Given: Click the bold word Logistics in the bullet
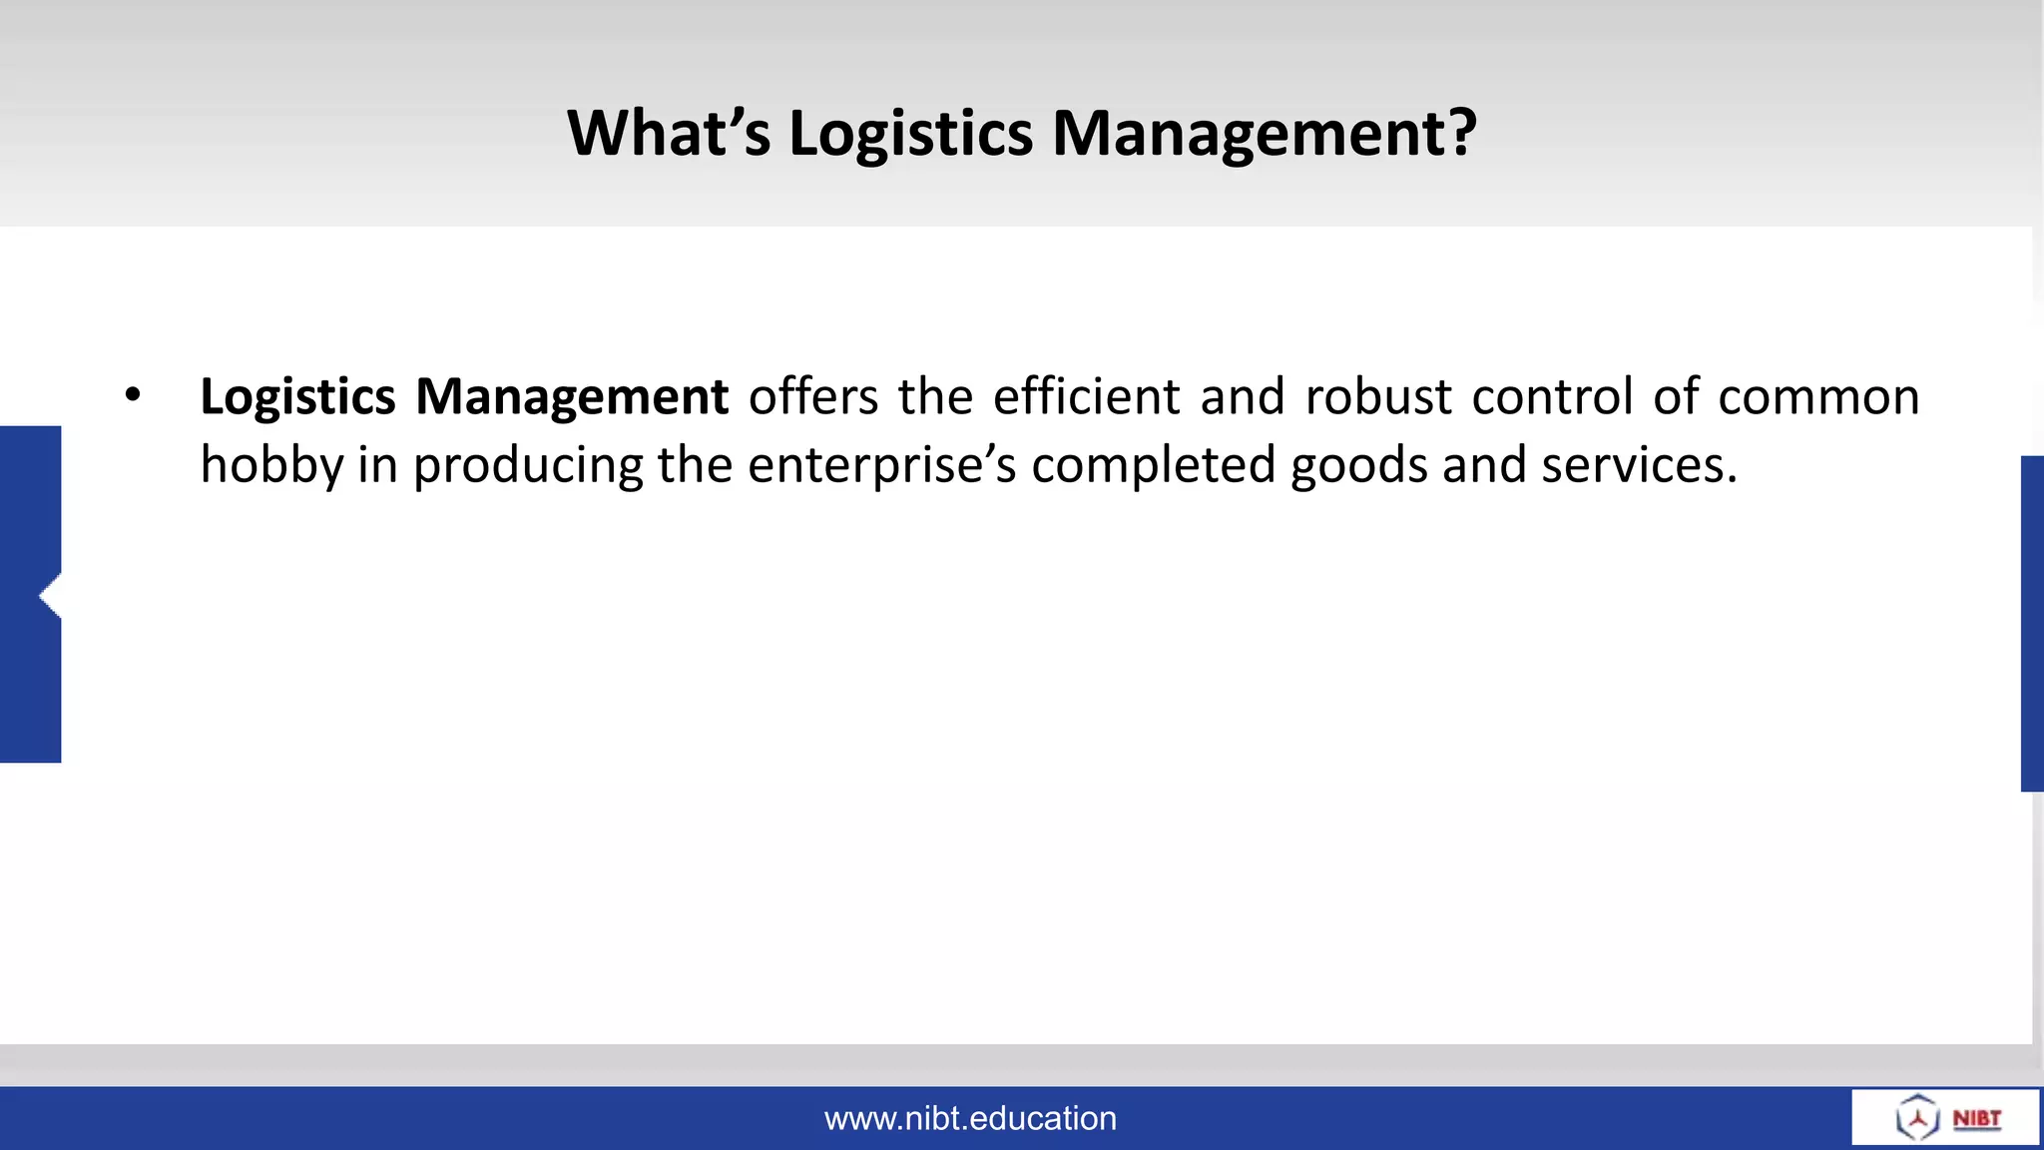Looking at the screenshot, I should click(297, 398).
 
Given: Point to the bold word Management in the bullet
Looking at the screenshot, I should click(571, 398).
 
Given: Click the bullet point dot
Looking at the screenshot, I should click(133, 395).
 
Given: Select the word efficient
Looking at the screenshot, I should click(1086, 396).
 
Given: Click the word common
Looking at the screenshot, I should click(1818, 396).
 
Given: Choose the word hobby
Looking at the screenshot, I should click(271, 466).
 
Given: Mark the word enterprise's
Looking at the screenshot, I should click(881, 466).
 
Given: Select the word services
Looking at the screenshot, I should click(1638, 466).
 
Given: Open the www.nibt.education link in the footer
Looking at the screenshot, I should click(970, 1118).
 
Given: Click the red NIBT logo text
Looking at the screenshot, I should click(1976, 1118).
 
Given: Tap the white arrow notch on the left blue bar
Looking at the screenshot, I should click(50, 596).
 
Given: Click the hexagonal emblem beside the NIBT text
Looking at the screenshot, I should click(1917, 1117).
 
